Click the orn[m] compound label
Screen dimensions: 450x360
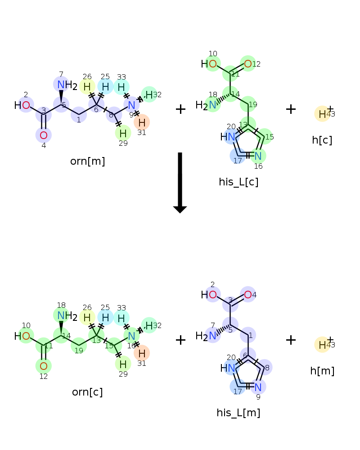tap(87, 161)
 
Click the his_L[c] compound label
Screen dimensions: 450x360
tap(238, 182)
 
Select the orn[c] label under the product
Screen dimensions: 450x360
tap(87, 392)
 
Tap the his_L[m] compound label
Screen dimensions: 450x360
tap(238, 413)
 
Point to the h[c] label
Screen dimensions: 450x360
tap(322, 140)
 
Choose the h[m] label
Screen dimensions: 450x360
tap(322, 371)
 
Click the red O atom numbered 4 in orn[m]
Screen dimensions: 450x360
tap(44, 135)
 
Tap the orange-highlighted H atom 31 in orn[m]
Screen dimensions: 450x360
tap(142, 122)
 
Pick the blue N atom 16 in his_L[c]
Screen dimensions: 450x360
tap(258, 156)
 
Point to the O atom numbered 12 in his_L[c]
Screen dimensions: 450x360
tap(248, 64)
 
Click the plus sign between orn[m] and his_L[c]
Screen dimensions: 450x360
tap(180, 109)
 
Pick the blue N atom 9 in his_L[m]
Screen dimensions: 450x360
tap(258, 387)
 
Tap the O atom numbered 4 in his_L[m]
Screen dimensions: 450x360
tap(248, 295)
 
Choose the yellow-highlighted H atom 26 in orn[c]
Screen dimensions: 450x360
tap(87, 317)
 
